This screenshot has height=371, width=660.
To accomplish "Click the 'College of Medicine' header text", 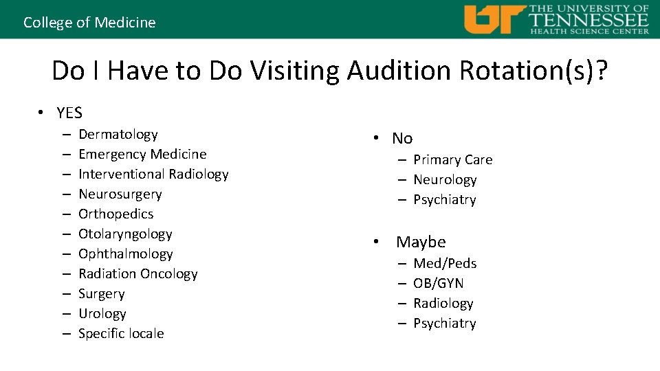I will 89,22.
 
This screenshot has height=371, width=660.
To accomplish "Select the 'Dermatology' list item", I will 118,134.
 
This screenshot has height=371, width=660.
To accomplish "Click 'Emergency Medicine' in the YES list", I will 142,154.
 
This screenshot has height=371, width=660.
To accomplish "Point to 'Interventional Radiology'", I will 153,174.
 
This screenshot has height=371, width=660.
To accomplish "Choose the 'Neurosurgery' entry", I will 120,194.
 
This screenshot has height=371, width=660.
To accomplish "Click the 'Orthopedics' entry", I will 115,214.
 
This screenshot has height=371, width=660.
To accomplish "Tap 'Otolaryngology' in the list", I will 125,234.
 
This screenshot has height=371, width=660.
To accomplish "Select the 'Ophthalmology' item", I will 125,254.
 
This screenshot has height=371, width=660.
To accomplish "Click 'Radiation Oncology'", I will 137,273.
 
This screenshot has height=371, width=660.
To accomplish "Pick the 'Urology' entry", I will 102,313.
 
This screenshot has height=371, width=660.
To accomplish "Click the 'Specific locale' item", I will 121,333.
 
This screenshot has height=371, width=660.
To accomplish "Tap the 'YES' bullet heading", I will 69,113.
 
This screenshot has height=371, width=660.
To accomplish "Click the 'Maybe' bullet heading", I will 421,242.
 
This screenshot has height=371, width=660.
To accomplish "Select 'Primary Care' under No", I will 452,159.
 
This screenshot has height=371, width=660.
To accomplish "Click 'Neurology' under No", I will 444,179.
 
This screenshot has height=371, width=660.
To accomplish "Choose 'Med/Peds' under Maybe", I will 444,263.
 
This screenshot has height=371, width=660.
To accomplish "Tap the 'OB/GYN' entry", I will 438,283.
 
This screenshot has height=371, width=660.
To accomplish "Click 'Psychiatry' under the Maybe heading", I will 444,323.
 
